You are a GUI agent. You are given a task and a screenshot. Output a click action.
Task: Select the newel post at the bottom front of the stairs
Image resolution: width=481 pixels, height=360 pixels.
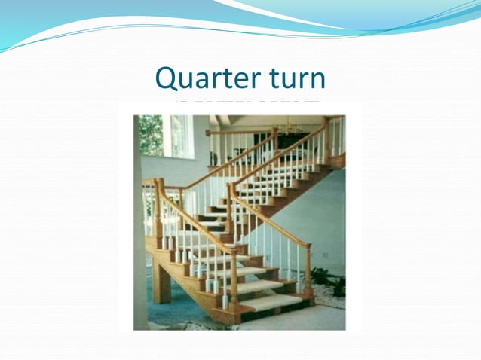(x=234, y=279)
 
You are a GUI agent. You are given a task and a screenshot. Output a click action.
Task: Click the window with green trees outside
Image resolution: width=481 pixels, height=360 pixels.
(x=151, y=136)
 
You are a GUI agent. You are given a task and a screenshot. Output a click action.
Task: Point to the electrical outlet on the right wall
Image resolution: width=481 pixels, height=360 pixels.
(x=326, y=255)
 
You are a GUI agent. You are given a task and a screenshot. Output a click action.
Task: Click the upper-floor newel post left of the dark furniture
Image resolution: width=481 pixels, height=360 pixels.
(x=274, y=140)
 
